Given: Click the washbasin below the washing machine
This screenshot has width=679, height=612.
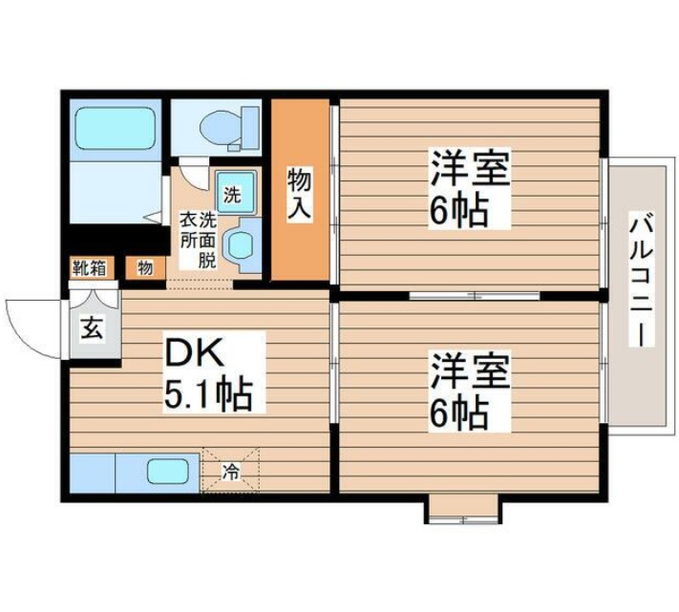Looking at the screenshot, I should [x=240, y=243].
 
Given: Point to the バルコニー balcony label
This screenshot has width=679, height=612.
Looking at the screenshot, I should [x=638, y=282].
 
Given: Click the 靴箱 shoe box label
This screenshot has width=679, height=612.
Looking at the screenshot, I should [x=88, y=268].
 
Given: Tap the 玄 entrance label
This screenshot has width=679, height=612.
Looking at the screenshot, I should [x=92, y=329].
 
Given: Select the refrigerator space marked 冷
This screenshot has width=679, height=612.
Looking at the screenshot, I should [x=231, y=471].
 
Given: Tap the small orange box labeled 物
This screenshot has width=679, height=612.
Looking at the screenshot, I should [x=144, y=268].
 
